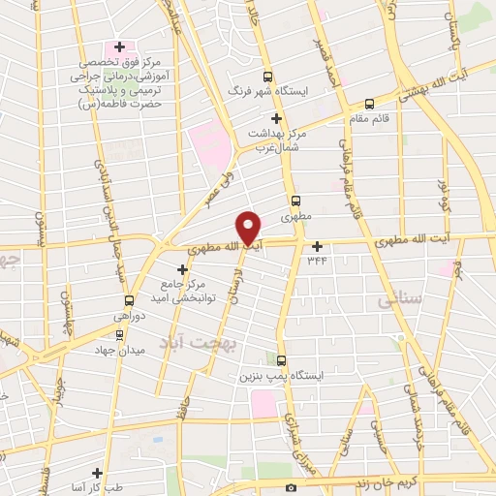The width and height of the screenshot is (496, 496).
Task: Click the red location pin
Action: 249,227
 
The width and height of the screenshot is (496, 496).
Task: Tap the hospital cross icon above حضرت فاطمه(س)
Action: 119,46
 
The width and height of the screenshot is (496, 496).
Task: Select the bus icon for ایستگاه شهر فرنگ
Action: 268,77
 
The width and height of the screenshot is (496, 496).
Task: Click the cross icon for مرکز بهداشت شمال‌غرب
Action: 276,118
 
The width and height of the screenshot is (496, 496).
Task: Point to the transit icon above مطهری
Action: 295,201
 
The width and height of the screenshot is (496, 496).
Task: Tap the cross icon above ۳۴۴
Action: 317,245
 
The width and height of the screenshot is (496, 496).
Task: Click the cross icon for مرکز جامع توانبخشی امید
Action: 182,269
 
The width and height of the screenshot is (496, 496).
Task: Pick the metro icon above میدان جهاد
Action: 119,334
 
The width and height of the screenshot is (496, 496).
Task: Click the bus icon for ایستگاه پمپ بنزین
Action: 282,360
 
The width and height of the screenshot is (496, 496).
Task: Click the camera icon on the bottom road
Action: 292,487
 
